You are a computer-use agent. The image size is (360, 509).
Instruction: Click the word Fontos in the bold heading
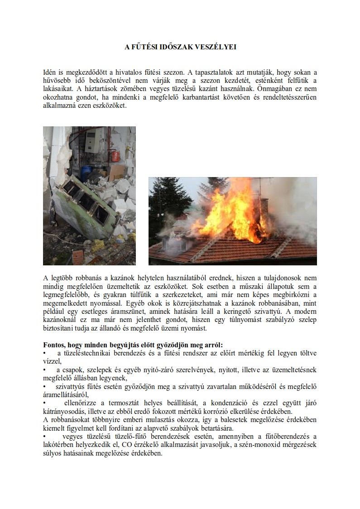click(x=54, y=344)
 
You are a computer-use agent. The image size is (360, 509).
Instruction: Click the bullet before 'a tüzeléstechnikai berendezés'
click(x=44, y=353)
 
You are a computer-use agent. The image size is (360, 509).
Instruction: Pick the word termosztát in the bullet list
click(x=121, y=403)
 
